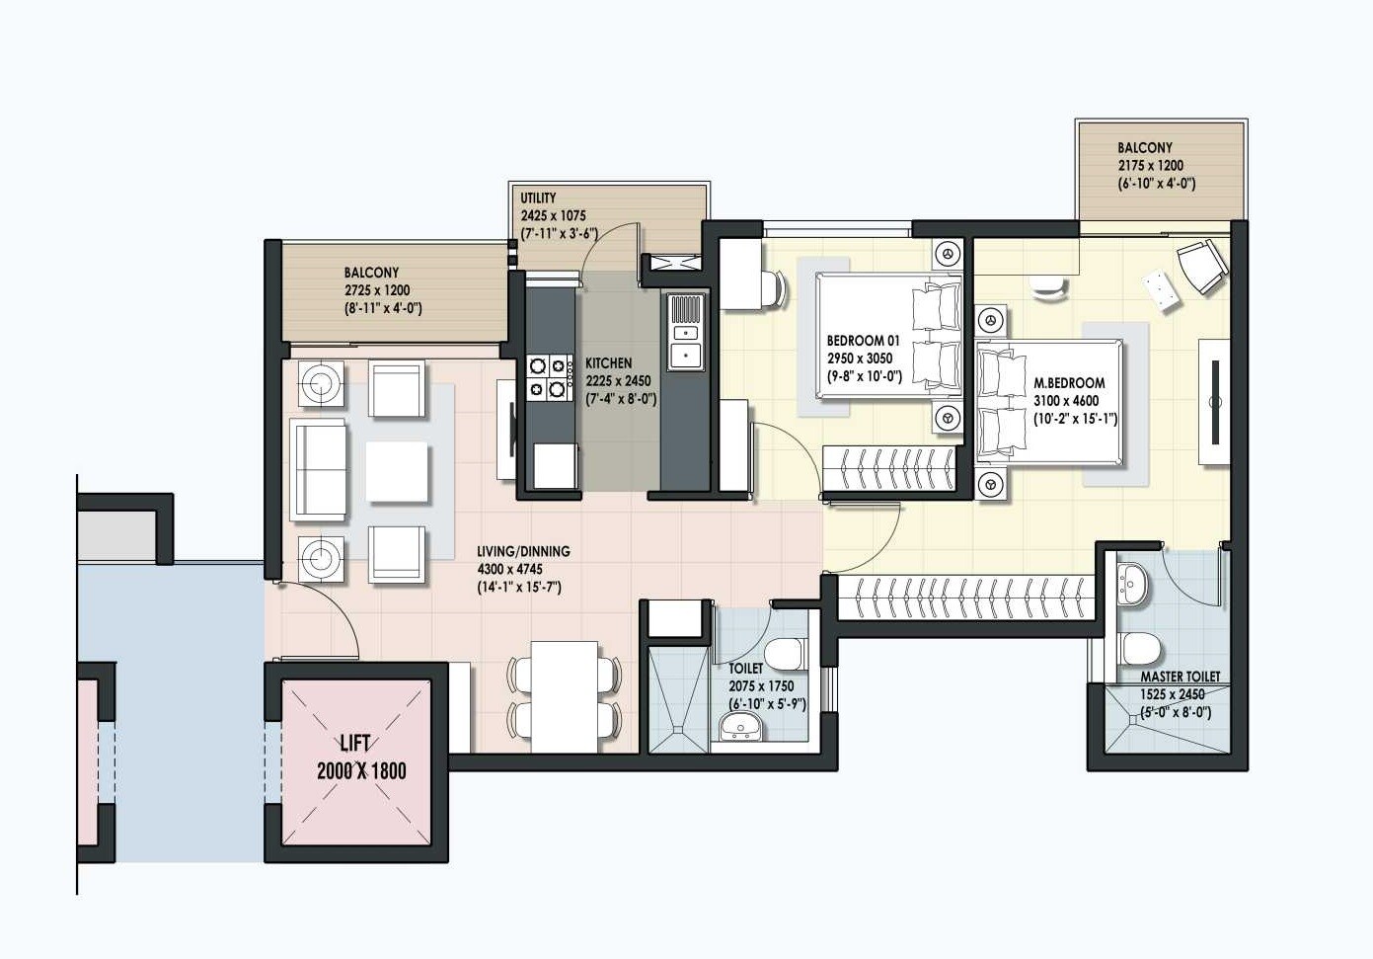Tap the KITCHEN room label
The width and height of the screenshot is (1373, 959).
[608, 362]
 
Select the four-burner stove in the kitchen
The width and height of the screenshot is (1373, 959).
[550, 377]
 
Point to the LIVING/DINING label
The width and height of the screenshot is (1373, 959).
[523, 551]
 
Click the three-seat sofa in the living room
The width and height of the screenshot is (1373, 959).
[318, 469]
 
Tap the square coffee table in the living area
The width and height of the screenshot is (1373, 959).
[397, 472]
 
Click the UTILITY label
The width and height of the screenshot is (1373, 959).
[538, 198]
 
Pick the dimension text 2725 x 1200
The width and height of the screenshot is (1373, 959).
[377, 290]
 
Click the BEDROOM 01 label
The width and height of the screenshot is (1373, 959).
[863, 341]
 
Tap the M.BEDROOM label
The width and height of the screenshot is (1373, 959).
[1069, 382]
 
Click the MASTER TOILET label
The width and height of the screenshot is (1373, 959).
[1180, 677]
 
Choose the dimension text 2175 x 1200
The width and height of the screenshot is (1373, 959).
[1150, 166]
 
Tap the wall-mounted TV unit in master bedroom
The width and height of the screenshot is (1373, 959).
[1215, 402]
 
